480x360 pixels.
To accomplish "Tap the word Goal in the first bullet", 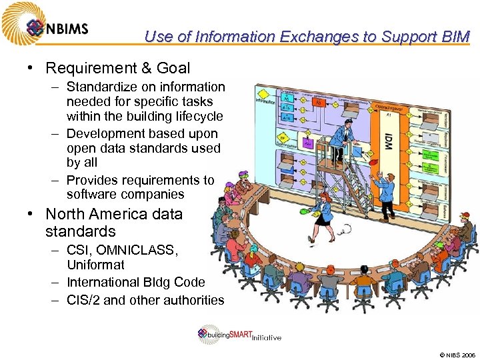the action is click(x=173, y=68).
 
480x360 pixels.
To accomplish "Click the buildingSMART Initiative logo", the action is click(x=239, y=335).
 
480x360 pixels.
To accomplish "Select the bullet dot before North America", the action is click(x=31, y=214).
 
